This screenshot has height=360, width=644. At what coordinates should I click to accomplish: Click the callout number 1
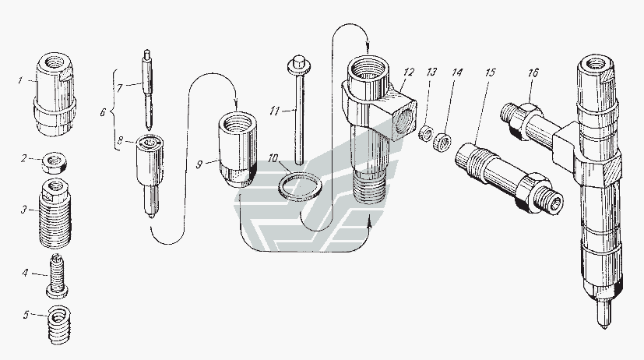20,80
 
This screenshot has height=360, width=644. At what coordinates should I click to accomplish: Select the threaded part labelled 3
55,213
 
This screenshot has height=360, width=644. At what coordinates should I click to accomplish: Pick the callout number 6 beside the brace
103,111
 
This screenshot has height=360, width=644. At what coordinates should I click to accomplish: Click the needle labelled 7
147,90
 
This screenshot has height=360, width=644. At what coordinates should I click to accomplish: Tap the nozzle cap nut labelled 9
238,150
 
